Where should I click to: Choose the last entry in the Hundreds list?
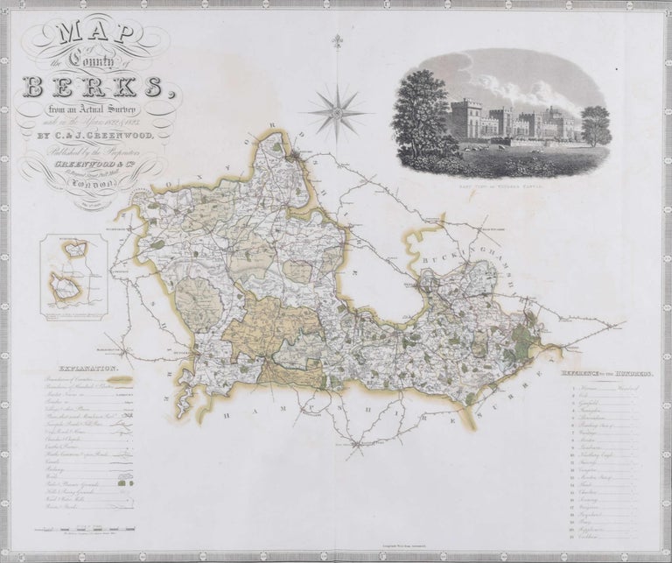click(604, 542)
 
